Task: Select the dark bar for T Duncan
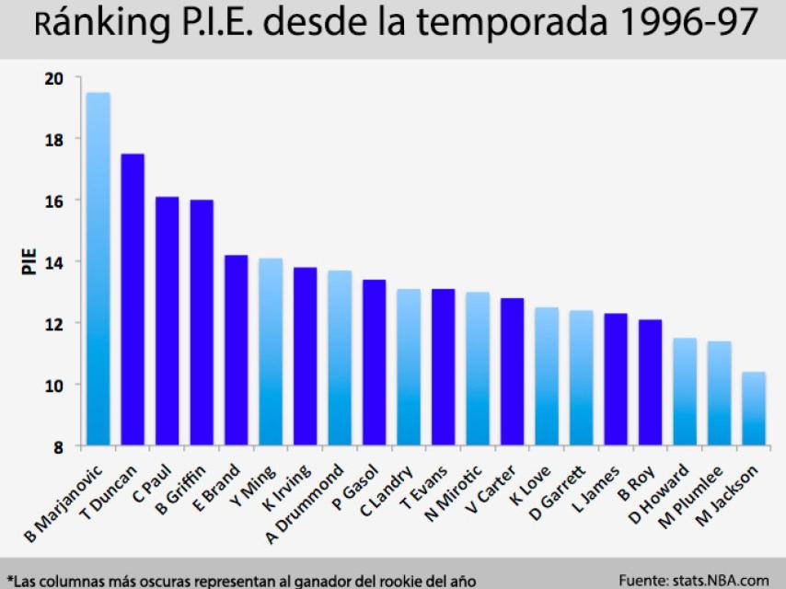[x=133, y=300]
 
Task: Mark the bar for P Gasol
[x=374, y=363]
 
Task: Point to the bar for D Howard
[x=684, y=392]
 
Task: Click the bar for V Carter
[x=512, y=372]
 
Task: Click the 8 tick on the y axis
[x=57, y=446]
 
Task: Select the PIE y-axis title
[x=28, y=262]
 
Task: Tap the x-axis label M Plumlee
[x=696, y=496]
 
